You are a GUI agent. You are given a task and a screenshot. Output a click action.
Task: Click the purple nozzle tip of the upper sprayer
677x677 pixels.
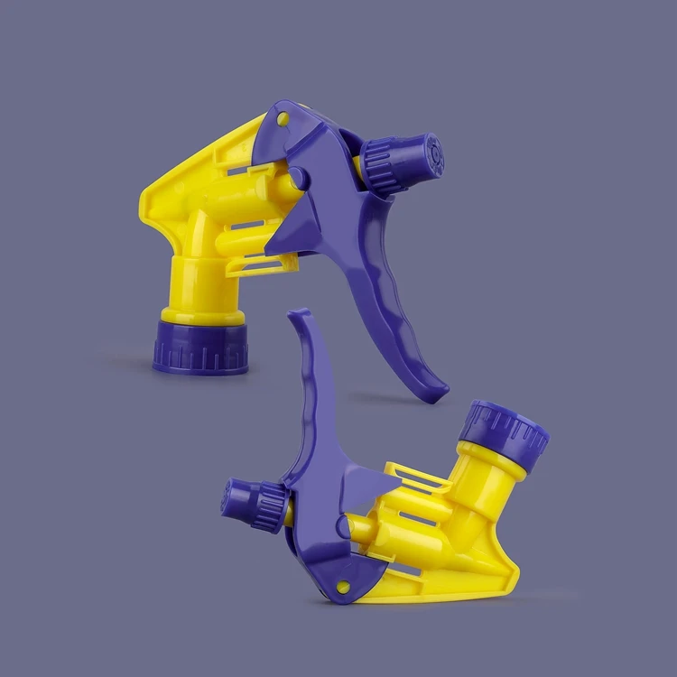click(x=431, y=155)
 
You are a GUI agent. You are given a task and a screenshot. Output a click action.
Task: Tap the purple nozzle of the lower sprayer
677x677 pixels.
click(x=236, y=499)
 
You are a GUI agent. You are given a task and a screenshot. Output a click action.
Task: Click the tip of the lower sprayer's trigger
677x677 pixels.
click(x=301, y=317)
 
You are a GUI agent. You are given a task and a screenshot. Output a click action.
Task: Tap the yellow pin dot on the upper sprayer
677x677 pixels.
click(x=282, y=118)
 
